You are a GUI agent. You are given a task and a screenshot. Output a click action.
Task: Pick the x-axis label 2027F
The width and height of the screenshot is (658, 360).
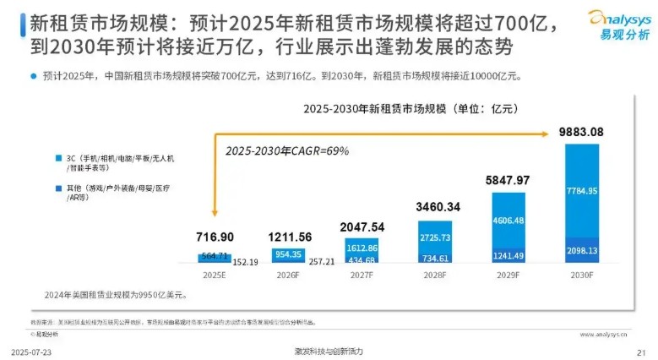(361, 275)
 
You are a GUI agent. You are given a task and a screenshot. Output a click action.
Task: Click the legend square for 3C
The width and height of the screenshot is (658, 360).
(58, 158)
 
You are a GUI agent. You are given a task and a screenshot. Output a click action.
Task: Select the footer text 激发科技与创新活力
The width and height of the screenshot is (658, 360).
(328, 351)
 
